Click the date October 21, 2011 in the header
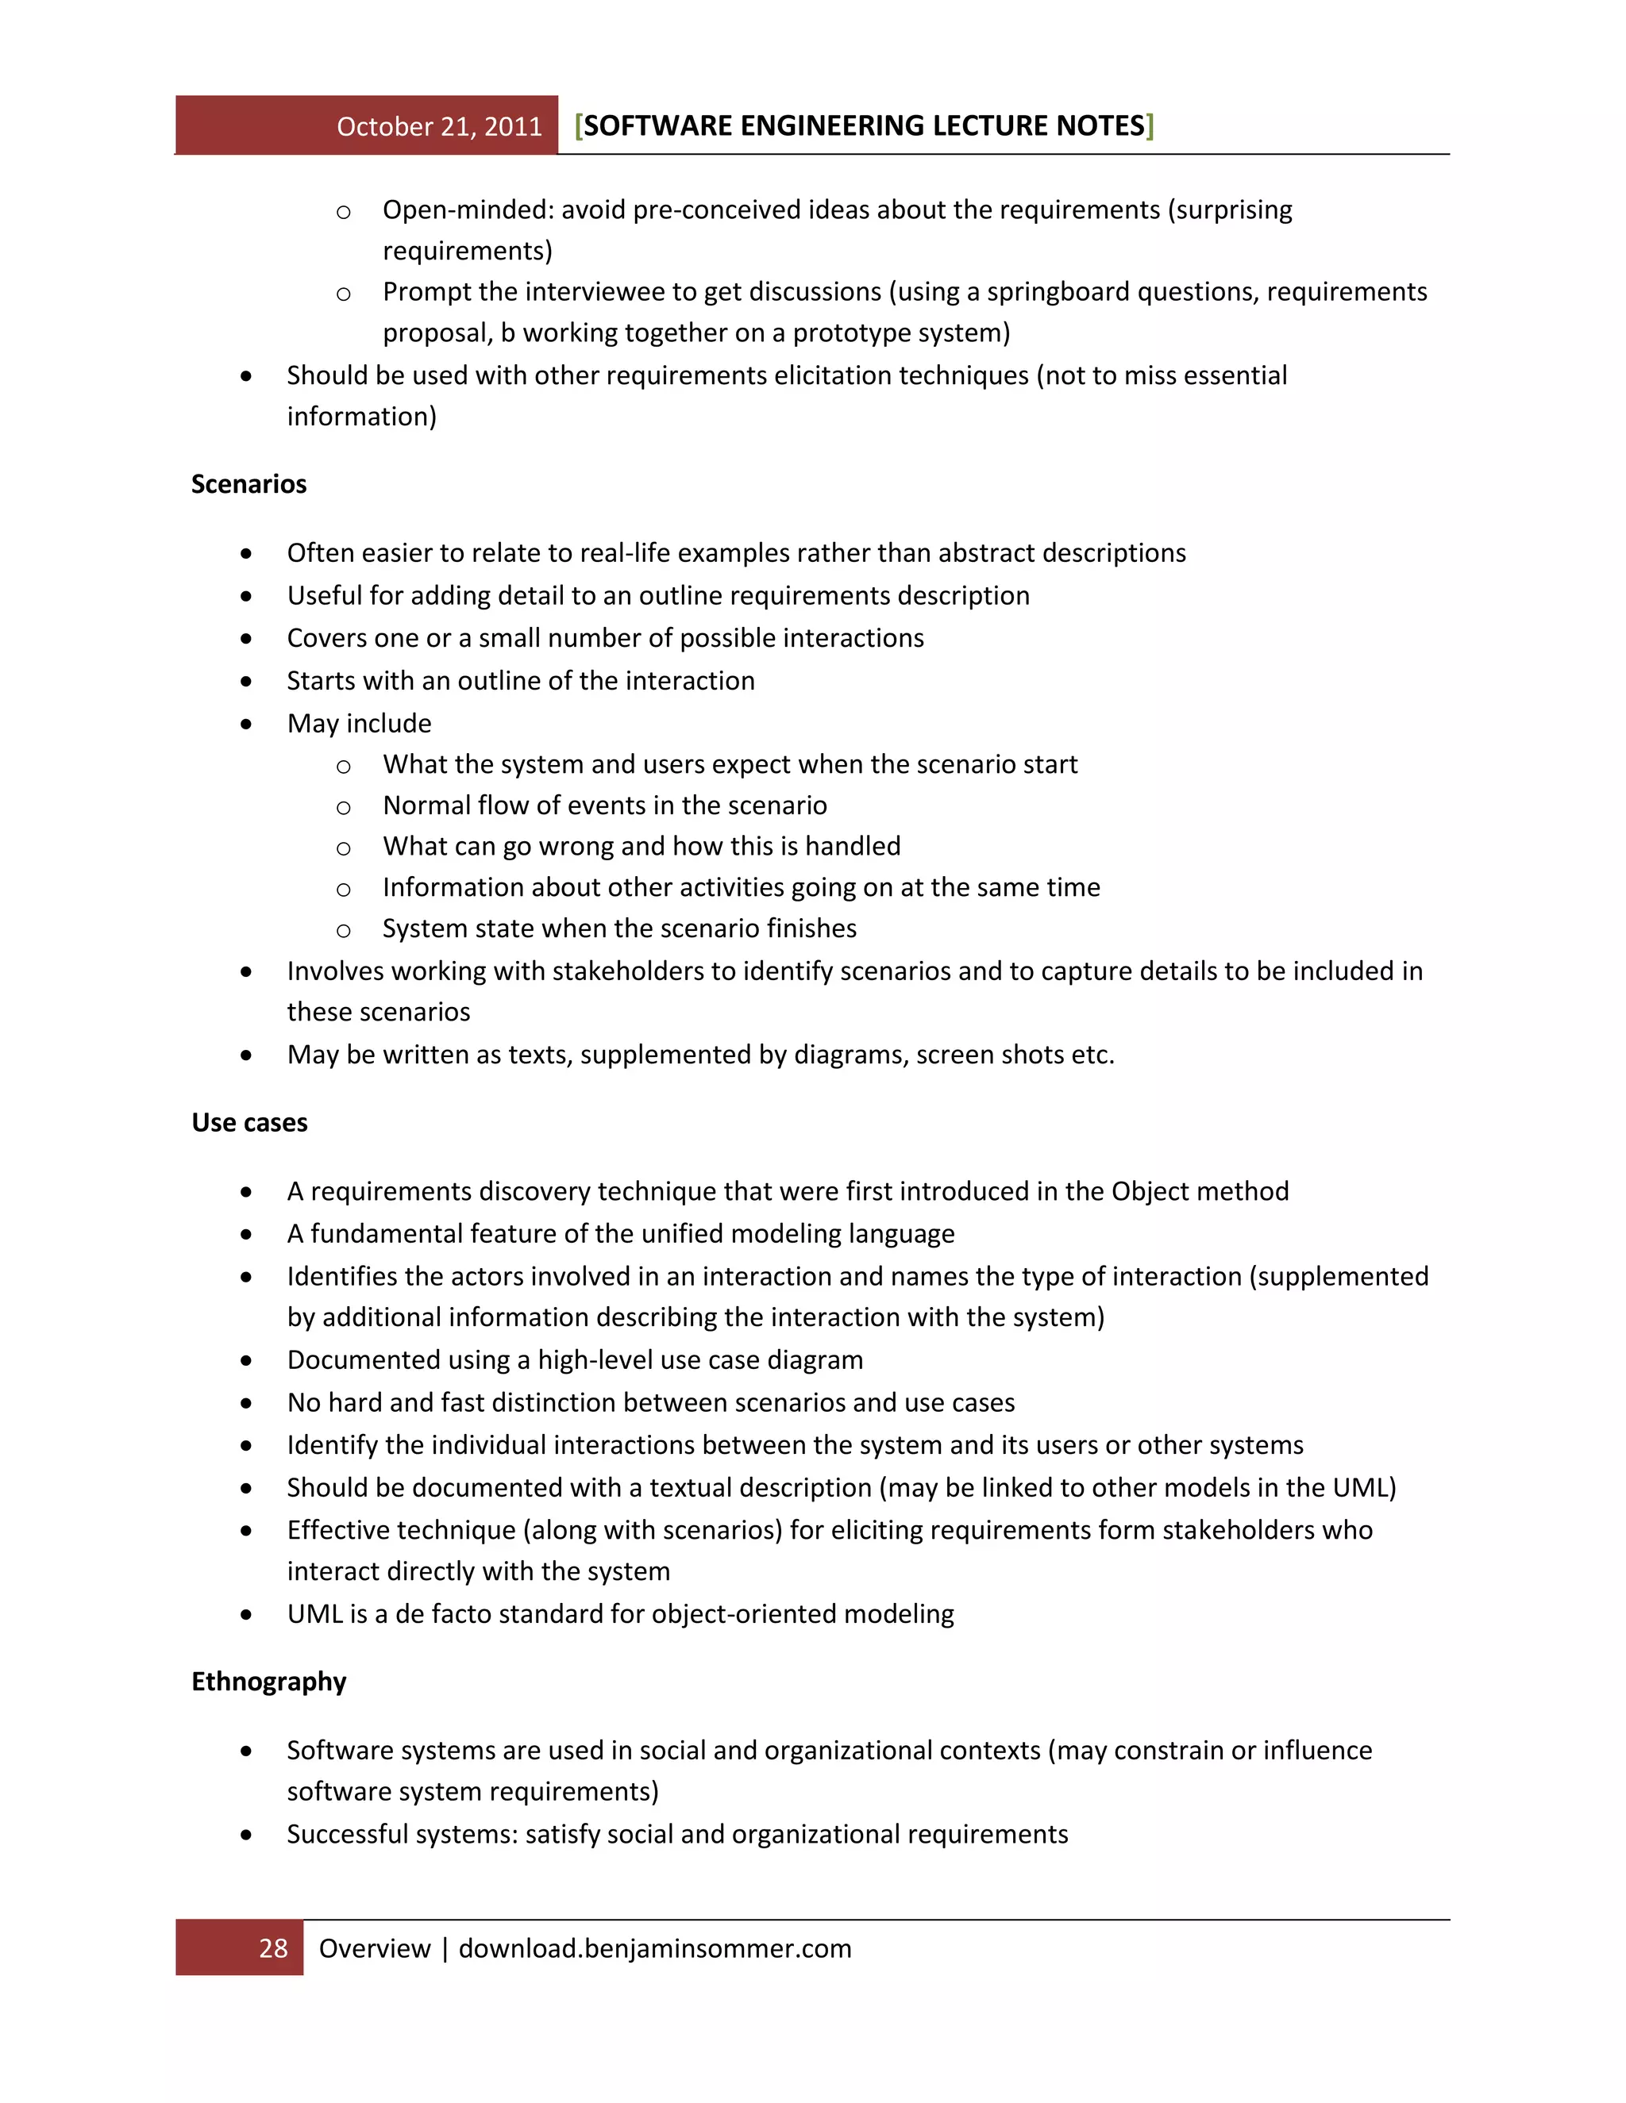click(x=439, y=127)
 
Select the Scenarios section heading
click(x=249, y=484)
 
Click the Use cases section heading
click(x=249, y=1123)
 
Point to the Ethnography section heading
click(x=269, y=1682)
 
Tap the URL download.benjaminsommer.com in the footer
click(x=654, y=1949)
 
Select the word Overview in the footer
click(x=374, y=1949)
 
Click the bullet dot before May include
click(x=247, y=724)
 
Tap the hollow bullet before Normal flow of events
click(x=343, y=807)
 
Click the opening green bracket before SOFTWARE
click(x=578, y=126)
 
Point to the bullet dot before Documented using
click(x=247, y=1360)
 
